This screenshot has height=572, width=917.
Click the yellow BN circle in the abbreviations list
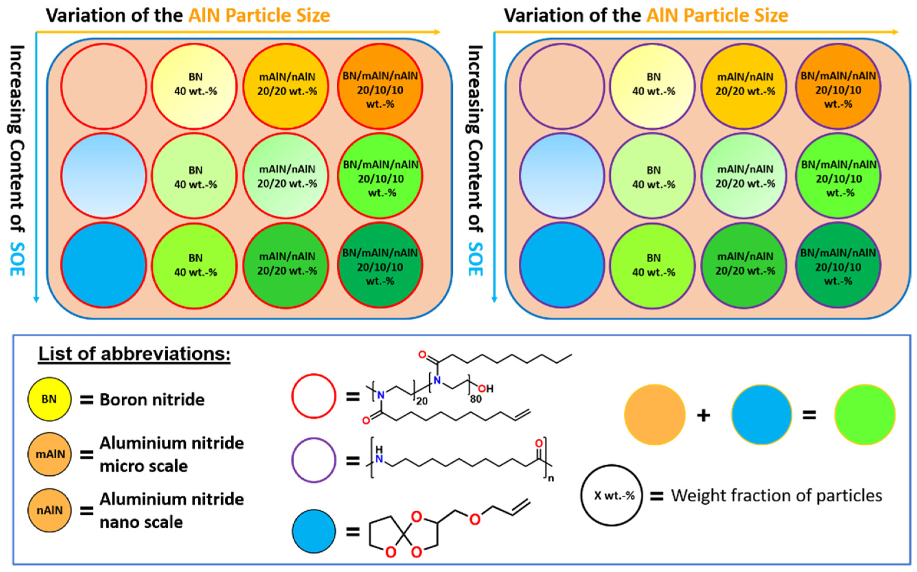[49, 399]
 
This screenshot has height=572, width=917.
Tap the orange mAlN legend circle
[49, 454]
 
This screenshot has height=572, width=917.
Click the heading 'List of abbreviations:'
[134, 354]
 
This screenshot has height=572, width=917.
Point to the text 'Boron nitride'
[152, 400]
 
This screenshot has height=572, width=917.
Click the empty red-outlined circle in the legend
[314, 396]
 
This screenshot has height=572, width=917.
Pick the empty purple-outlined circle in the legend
[314, 460]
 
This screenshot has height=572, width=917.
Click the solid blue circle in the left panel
[103, 264]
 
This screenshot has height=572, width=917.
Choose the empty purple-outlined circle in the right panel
[562, 86]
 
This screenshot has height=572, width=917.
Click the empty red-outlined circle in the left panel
[103, 86]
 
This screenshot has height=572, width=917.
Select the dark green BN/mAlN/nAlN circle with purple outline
[838, 264]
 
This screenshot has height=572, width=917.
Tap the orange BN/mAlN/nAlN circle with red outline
[380, 86]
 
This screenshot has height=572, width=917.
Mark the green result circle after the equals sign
[865, 415]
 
